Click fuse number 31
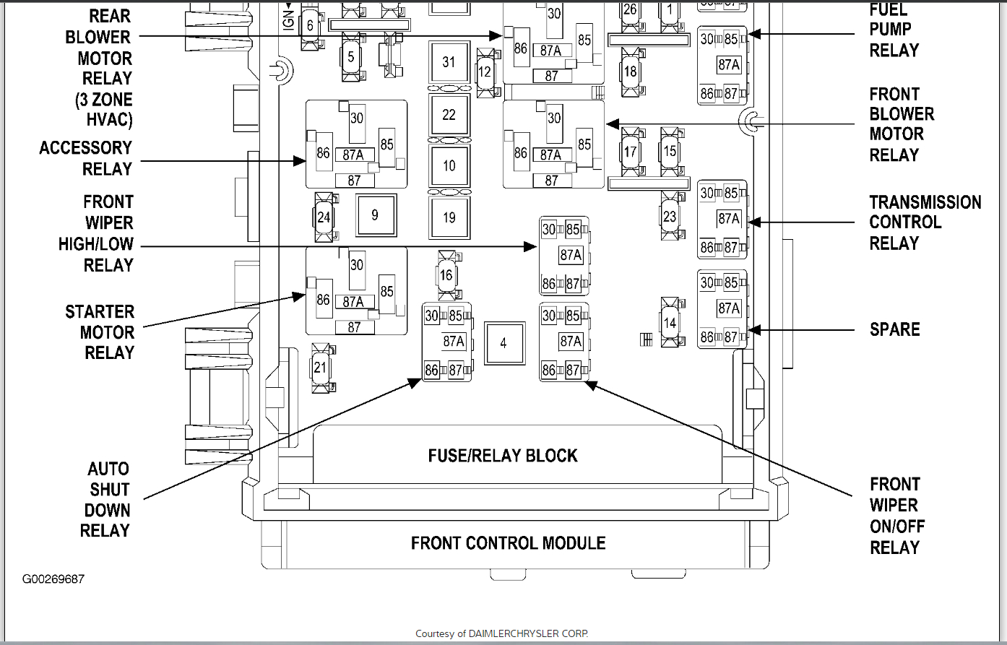click(449, 62)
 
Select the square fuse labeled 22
click(449, 115)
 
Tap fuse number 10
click(449, 166)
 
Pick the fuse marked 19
click(449, 218)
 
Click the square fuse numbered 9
click(376, 215)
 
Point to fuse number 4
click(504, 343)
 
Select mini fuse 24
click(324, 217)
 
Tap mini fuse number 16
click(447, 275)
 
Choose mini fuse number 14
click(670, 322)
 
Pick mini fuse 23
click(670, 216)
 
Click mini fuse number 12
click(485, 72)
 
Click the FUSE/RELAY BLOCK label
click(503, 456)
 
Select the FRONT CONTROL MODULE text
click(508, 543)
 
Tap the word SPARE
click(894, 329)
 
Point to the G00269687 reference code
click(53, 579)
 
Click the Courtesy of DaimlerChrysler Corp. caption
click(502, 633)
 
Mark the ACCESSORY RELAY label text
click(86, 158)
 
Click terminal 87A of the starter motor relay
click(353, 302)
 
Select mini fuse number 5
click(351, 57)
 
